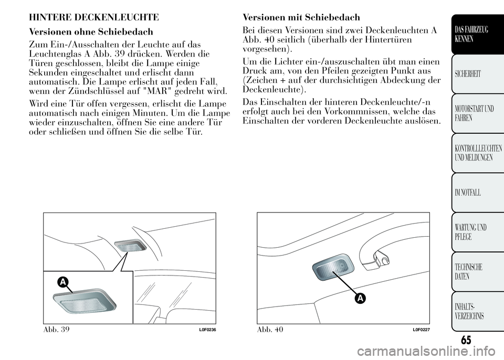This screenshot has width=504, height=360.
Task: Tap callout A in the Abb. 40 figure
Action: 361,298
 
